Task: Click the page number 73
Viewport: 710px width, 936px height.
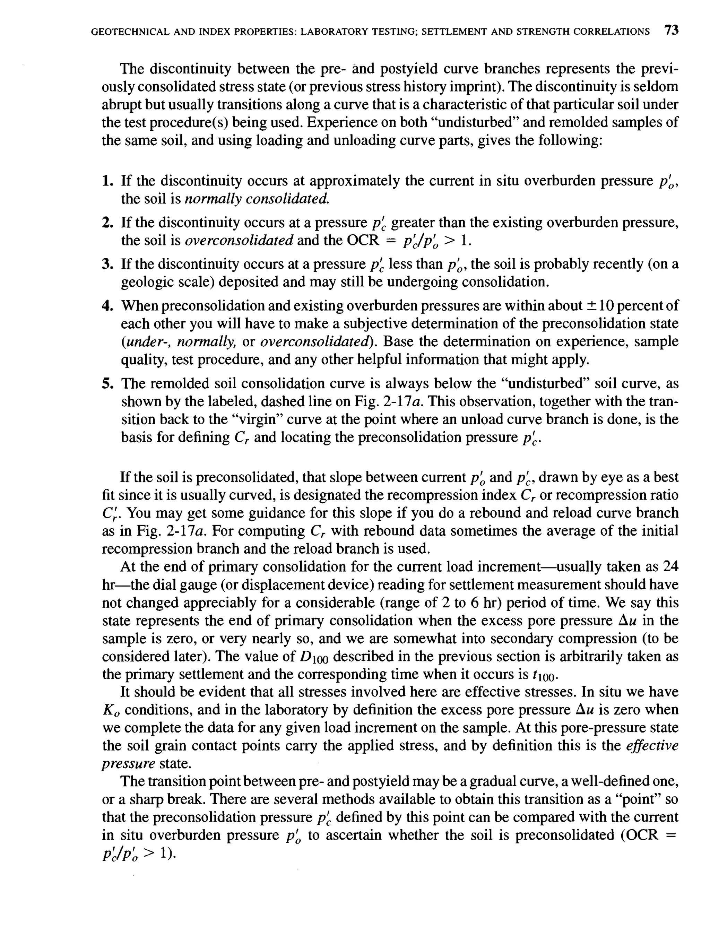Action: click(x=671, y=31)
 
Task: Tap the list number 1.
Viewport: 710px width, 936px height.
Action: click(x=107, y=181)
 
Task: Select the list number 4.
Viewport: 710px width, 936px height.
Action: click(x=107, y=305)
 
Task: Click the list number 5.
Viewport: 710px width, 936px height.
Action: click(x=107, y=384)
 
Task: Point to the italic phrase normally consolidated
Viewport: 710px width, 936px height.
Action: click(x=257, y=199)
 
